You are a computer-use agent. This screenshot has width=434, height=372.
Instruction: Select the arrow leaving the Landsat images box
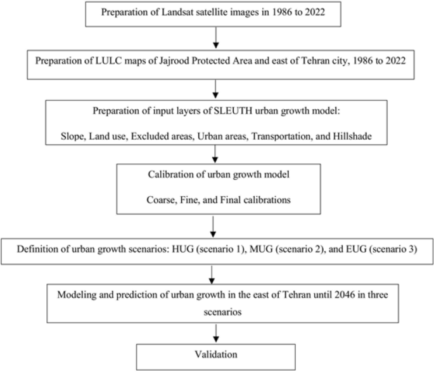pos(217,41)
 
